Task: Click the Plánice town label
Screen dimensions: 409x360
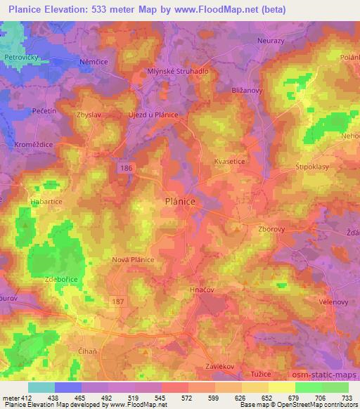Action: pos(179,201)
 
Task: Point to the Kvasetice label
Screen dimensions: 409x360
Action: pos(229,161)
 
